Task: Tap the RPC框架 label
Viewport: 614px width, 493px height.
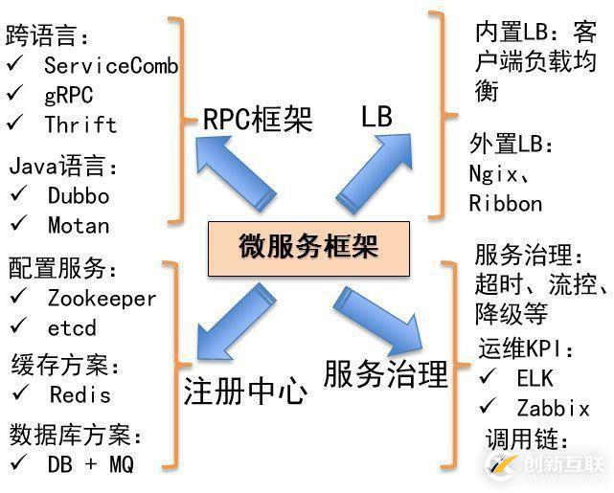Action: point(258,119)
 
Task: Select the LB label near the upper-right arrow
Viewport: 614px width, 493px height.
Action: point(376,117)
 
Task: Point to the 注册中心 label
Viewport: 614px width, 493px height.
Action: point(245,392)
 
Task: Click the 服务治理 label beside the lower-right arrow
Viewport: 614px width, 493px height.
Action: point(386,374)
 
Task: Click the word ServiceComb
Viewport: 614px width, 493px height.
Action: point(110,66)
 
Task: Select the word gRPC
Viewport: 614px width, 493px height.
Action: point(70,96)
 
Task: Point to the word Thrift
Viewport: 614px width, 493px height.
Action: point(80,124)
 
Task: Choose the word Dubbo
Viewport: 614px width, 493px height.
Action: point(78,196)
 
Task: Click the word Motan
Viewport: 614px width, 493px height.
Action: point(78,226)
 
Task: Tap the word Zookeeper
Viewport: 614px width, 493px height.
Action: point(102,299)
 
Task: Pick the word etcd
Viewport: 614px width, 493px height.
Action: point(72,328)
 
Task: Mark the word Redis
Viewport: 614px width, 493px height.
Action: point(80,394)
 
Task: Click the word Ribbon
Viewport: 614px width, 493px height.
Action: point(505,204)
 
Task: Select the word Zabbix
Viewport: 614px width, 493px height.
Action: point(553,409)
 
